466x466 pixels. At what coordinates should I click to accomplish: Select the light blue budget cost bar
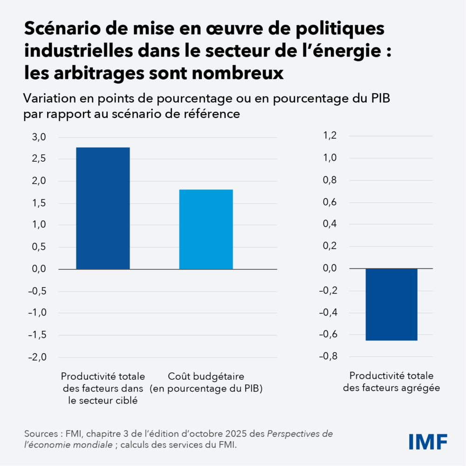(x=206, y=229)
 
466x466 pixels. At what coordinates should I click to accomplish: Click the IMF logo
(x=428, y=441)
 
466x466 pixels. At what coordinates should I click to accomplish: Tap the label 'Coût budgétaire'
(x=206, y=376)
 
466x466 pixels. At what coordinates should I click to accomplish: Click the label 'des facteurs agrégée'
(x=391, y=388)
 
